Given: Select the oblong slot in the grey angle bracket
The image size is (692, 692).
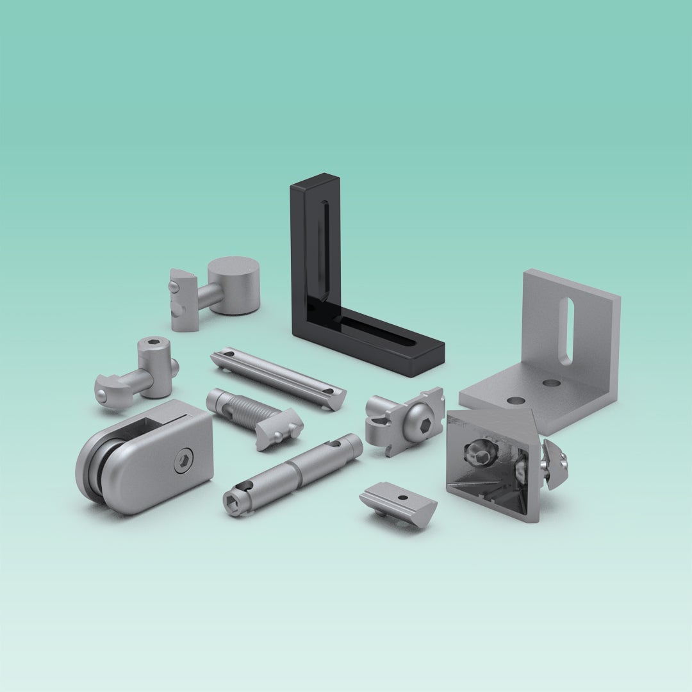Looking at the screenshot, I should coord(566,331).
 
